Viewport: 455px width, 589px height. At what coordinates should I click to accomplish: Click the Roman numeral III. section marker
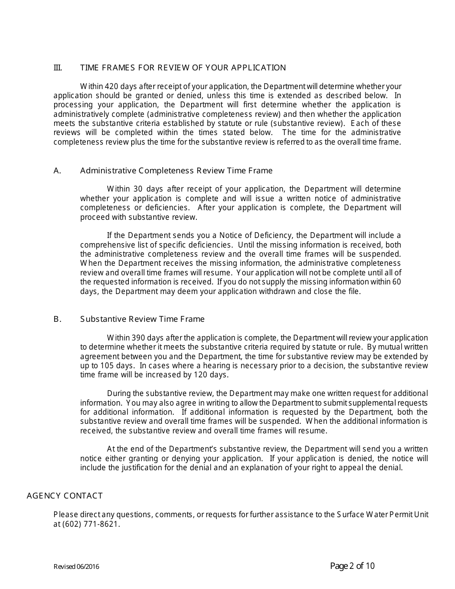click(x=57, y=68)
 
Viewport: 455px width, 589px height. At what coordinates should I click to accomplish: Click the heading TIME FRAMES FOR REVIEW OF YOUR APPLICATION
click(x=183, y=68)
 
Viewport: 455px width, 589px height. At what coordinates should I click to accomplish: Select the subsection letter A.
click(x=57, y=171)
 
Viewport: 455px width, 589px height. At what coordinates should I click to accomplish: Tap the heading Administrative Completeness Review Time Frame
click(x=176, y=171)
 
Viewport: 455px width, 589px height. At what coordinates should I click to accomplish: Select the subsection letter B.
click(x=57, y=319)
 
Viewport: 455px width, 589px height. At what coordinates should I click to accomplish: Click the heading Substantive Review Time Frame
click(x=142, y=319)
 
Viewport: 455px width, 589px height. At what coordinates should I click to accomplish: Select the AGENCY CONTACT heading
click(x=65, y=496)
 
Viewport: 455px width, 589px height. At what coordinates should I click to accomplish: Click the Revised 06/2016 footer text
click(x=77, y=567)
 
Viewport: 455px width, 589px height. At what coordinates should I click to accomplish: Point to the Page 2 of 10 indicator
click(x=353, y=566)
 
